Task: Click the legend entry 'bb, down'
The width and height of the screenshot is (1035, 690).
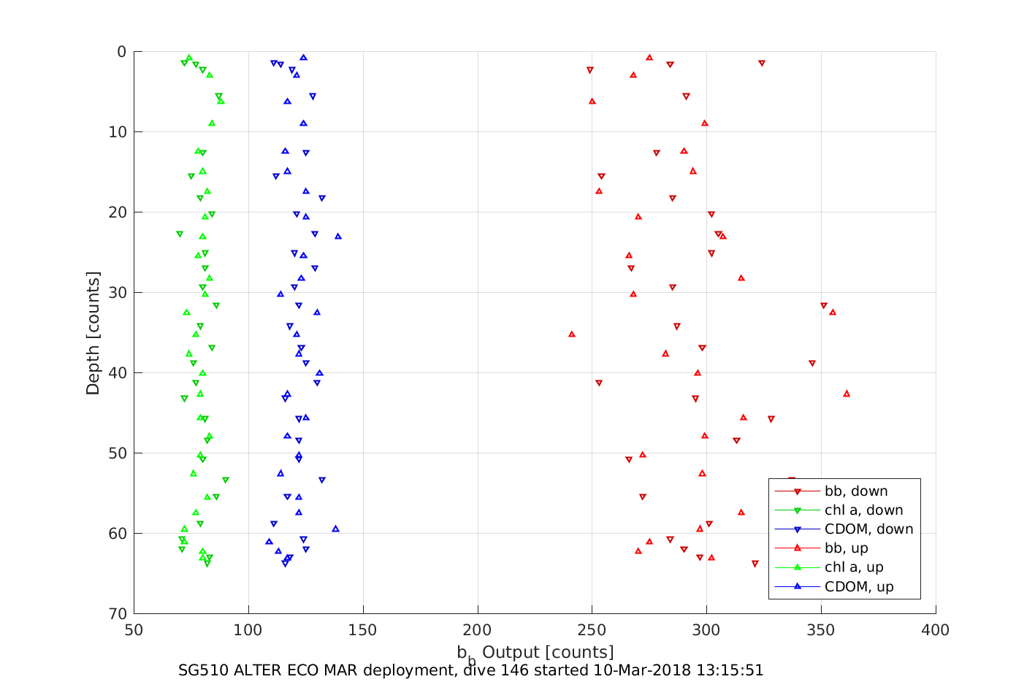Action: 855,491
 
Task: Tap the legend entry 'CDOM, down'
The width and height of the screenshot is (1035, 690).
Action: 868,529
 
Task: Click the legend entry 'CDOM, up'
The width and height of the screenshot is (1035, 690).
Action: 858,587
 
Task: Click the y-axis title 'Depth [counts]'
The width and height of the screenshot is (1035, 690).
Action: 93,333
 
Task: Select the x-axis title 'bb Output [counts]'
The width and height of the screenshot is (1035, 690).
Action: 535,653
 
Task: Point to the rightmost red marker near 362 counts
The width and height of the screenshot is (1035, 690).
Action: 847,394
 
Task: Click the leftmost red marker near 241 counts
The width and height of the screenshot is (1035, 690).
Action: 572,334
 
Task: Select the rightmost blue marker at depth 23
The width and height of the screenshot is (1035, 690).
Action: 338,237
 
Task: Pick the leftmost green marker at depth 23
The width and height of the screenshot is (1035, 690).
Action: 180,234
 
